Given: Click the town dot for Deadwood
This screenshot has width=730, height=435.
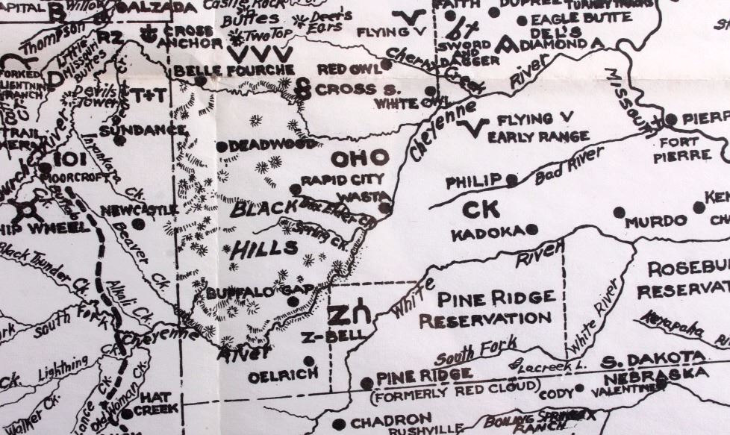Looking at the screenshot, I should click(x=222, y=147).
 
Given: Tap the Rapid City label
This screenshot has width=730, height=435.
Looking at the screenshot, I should click(x=342, y=180).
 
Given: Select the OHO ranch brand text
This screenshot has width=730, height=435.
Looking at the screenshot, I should click(x=360, y=158).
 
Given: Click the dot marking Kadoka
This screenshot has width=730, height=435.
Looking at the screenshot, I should click(x=531, y=229).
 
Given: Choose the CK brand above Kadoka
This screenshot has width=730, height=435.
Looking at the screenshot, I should click(x=481, y=210).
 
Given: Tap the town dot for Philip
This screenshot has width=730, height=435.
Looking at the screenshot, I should click(x=511, y=180).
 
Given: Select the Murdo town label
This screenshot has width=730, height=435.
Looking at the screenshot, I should click(x=656, y=222).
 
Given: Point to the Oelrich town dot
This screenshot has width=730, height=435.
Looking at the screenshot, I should click(x=308, y=361).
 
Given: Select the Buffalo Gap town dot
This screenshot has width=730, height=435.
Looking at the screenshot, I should click(x=293, y=302).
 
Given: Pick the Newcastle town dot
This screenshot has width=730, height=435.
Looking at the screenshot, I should click(x=139, y=223).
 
